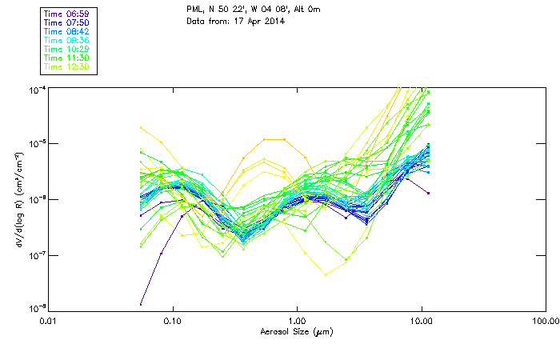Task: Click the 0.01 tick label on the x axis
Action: coord(49,322)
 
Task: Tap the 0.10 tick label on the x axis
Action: coord(173,322)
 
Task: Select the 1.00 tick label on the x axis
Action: coord(297,322)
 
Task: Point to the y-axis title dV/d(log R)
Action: coord(18,199)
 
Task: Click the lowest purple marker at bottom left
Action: coord(141,304)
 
